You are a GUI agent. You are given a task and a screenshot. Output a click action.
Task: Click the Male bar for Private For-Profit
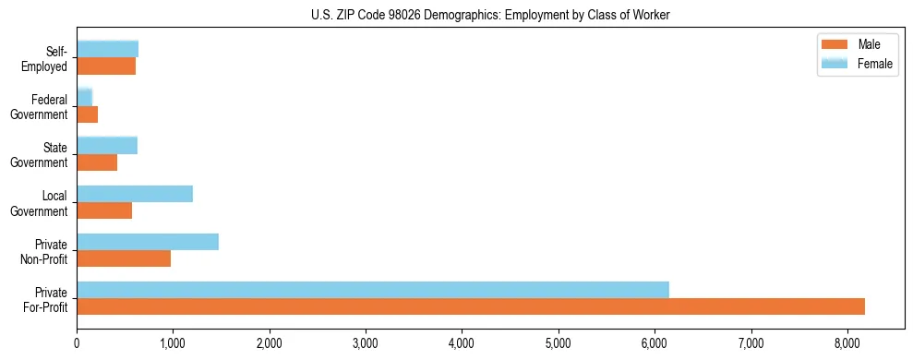[x=471, y=306]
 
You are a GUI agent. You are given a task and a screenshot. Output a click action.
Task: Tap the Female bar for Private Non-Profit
[x=148, y=242]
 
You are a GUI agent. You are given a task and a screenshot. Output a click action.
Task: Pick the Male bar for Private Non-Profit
[x=124, y=258]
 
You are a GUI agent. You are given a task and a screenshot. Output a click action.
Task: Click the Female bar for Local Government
[x=135, y=194]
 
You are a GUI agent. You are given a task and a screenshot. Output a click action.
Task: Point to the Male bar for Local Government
[x=104, y=210]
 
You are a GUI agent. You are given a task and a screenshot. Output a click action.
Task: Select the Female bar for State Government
[x=107, y=145]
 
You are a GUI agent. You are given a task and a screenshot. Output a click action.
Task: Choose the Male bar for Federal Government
[x=88, y=114]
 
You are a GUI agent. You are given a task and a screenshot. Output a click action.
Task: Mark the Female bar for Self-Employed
[x=108, y=49]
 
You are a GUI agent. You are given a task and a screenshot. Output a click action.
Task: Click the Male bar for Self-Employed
[x=106, y=66]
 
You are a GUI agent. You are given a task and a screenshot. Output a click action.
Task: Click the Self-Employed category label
[x=47, y=58]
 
